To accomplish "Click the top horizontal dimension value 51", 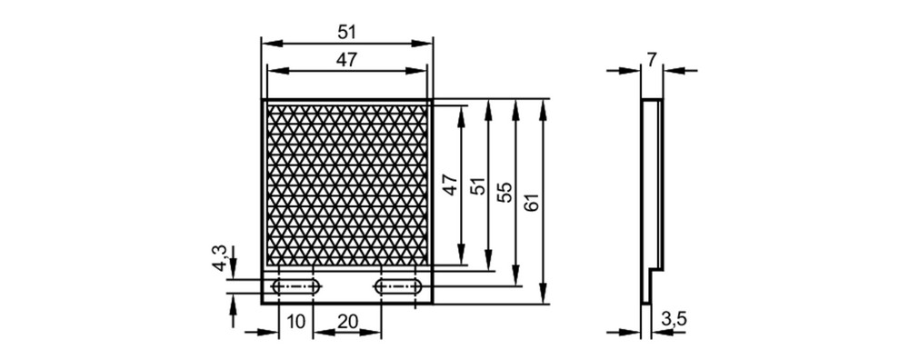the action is click(346, 33).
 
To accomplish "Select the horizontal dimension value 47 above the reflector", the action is click(346, 60).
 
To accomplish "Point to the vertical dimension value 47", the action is click(451, 185).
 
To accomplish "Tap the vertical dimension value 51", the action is click(477, 185).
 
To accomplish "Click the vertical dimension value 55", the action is click(504, 192).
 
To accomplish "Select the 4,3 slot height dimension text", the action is click(219, 258).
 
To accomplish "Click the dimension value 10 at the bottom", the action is click(295, 322).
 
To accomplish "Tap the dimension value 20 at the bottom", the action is click(347, 322).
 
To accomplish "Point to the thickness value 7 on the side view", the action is click(652, 60).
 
